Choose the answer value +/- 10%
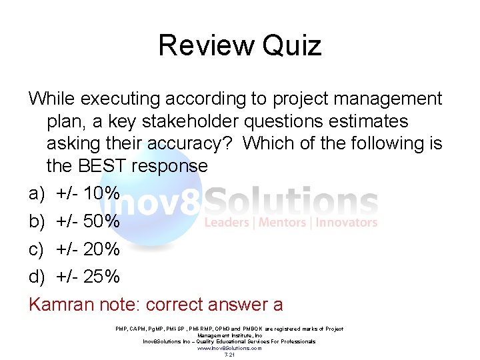(x=88, y=194)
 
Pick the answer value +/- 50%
(x=88, y=221)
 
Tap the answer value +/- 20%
(x=88, y=249)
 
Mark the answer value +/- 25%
(x=88, y=276)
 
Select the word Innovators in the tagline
(x=347, y=223)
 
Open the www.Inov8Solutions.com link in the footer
(x=229, y=348)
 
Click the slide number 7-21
(x=229, y=355)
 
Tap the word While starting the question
(x=52, y=99)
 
